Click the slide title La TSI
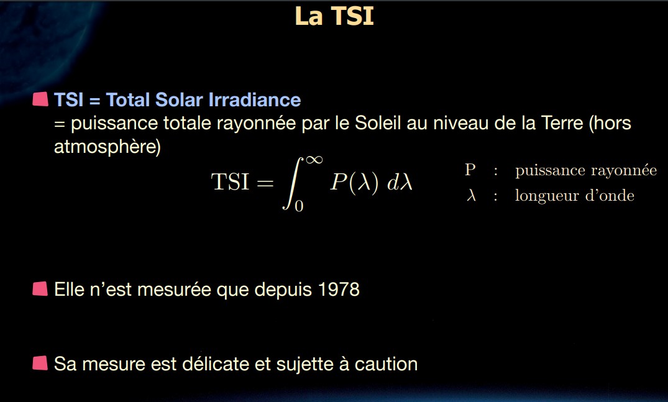[x=334, y=16]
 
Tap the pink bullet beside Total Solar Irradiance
[x=40, y=99]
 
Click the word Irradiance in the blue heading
[x=255, y=99]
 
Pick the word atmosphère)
[x=108, y=147]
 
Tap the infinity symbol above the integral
[x=314, y=160]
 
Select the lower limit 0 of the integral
[x=299, y=206]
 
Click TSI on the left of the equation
[x=230, y=182]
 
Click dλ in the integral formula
[x=400, y=183]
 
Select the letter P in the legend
[x=470, y=170]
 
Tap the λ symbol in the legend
[x=471, y=195]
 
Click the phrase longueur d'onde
[x=575, y=196]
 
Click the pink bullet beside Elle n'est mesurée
[x=40, y=289]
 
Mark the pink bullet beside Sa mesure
[x=40, y=363]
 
